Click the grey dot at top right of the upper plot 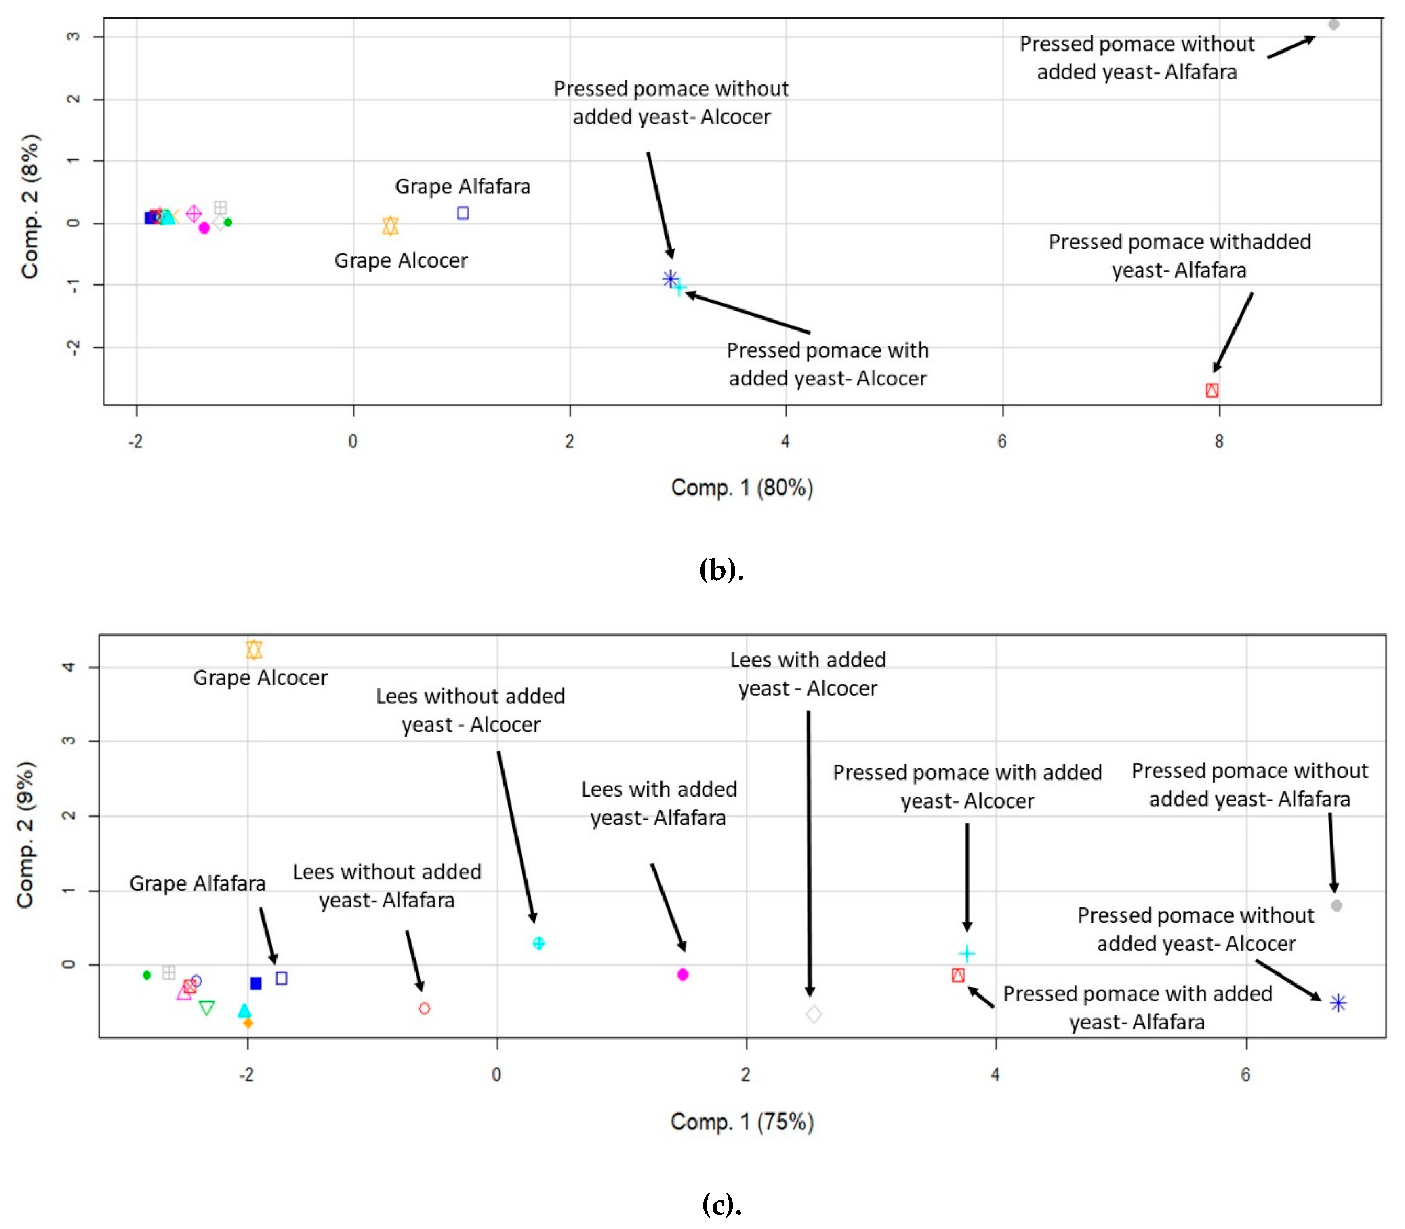tap(1333, 25)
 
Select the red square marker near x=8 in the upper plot tap(1211, 390)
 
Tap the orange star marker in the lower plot tap(254, 649)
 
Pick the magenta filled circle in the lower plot tap(682, 974)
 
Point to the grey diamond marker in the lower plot tap(814, 1014)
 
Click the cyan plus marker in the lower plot tap(967, 953)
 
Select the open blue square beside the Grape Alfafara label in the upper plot tap(463, 213)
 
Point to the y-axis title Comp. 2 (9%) tap(25, 835)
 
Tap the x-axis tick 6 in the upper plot tap(1002, 441)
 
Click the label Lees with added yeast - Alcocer tap(808, 673)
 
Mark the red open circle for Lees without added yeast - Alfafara tap(425, 1008)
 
